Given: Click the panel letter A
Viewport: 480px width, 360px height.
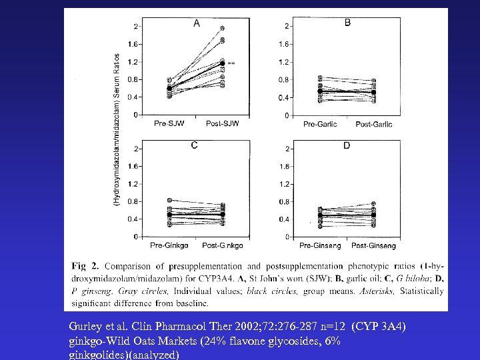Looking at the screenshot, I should click(197, 23).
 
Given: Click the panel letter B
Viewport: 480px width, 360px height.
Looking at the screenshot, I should click(347, 23).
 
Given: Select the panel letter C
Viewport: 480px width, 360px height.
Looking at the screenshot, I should click(194, 145).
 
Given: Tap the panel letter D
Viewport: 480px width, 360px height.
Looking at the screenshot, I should click(346, 145).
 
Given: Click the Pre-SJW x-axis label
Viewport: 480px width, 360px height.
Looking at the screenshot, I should click(169, 123).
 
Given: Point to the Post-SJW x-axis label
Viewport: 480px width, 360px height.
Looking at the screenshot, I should click(223, 123).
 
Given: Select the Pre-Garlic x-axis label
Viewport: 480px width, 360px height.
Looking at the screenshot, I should click(320, 124).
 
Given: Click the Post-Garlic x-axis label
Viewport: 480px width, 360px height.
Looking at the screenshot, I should click(374, 124).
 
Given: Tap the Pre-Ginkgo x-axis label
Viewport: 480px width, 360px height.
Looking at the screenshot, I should click(167, 246).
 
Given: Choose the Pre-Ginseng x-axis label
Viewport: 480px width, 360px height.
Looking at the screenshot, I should click(320, 246).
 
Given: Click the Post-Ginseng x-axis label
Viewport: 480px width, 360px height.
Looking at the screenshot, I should click(374, 246).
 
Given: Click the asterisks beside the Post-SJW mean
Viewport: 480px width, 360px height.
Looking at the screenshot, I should click(231, 63).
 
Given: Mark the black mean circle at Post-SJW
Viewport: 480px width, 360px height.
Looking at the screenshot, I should click(223, 63).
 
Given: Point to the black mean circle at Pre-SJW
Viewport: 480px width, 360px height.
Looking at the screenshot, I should click(169, 88).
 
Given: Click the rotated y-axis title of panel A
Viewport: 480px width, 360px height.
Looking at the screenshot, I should click(117, 130).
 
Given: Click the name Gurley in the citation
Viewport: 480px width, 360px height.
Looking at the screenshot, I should click(84, 327).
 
